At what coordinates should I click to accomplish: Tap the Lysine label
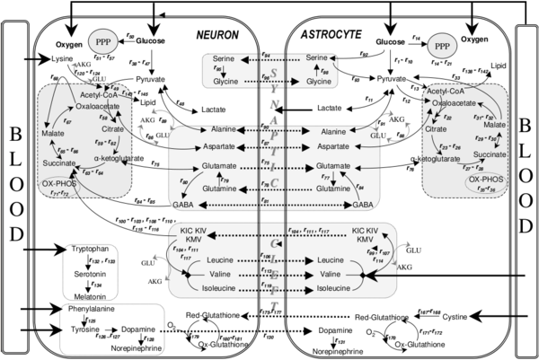61,58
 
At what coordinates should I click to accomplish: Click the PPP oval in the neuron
101,41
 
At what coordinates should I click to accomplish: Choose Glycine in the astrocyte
319,81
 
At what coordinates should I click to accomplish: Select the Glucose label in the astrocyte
392,41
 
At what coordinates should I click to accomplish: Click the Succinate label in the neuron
59,162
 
